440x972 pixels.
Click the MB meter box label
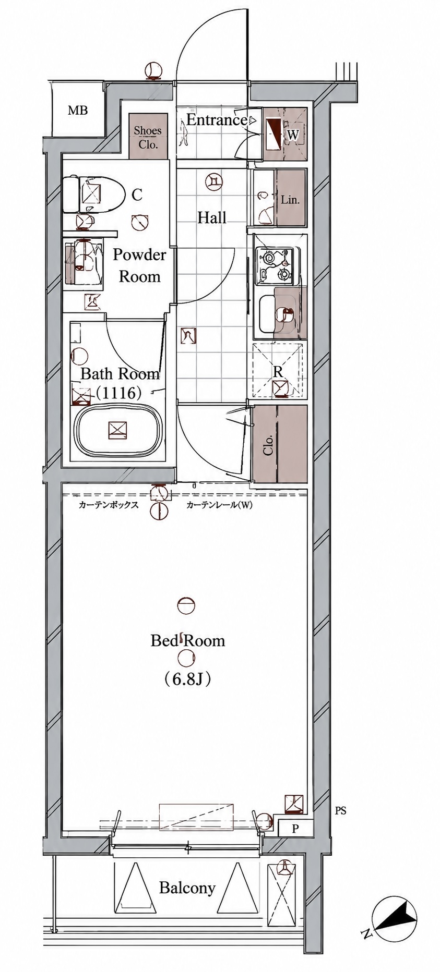[x=78, y=111]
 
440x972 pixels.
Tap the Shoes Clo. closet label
[x=148, y=138]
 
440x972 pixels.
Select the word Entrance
[x=217, y=120]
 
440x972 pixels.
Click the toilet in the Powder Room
[x=93, y=195]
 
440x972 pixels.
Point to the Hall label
[x=212, y=217]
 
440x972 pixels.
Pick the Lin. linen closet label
[x=290, y=200]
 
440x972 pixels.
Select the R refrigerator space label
[x=278, y=372]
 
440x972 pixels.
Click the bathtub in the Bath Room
[x=118, y=430]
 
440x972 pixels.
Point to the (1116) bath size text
[x=118, y=393]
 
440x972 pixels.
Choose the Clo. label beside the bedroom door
[x=268, y=445]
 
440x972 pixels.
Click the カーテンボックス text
[x=109, y=505]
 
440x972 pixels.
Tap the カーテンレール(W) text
[x=219, y=505]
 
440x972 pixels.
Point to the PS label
[x=340, y=811]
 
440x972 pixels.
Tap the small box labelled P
[x=295, y=829]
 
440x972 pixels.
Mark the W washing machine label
[x=293, y=135]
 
